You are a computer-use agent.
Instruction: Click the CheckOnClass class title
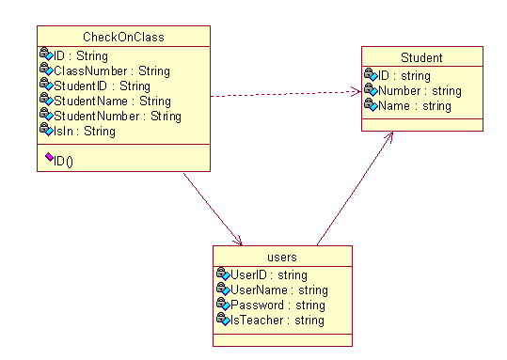click(x=123, y=38)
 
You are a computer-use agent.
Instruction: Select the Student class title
click(x=421, y=58)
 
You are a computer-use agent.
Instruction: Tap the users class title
click(x=282, y=258)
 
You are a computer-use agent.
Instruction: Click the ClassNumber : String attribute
click(x=112, y=71)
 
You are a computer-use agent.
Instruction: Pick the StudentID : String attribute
click(x=102, y=86)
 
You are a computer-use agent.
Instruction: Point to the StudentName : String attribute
click(x=112, y=102)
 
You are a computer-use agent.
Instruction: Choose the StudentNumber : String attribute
click(x=118, y=117)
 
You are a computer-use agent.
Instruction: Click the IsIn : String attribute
click(x=85, y=132)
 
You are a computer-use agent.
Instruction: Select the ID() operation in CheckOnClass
click(x=63, y=161)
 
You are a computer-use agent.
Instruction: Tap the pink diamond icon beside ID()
click(x=49, y=157)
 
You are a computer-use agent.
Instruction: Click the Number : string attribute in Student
click(x=420, y=91)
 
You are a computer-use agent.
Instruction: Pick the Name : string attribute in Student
click(x=415, y=106)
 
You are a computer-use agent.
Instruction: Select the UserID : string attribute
click(x=269, y=275)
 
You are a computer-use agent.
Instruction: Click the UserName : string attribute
click(x=279, y=290)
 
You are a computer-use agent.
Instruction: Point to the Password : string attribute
click(x=277, y=305)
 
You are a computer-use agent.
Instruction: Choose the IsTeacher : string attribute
click(x=277, y=321)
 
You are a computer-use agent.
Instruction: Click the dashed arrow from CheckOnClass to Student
click(x=286, y=94)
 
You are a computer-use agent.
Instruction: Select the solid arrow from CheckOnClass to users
click(x=213, y=209)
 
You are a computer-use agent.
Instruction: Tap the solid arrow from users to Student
click(x=355, y=188)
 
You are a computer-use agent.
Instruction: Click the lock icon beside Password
click(x=221, y=303)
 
